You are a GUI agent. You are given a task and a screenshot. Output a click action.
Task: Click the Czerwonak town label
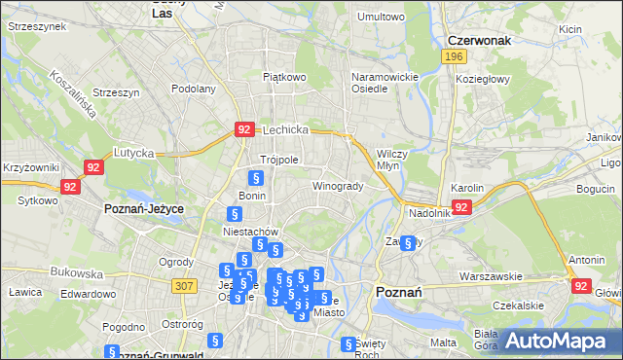click(x=481, y=41)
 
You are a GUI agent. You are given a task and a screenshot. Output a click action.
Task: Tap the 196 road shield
click(x=453, y=58)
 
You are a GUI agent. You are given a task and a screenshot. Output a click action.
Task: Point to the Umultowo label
click(x=381, y=17)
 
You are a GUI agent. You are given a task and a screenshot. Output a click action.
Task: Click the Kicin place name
click(x=570, y=29)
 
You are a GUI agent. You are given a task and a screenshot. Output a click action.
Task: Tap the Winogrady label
click(x=338, y=186)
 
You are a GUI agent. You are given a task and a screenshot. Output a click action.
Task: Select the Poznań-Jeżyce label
click(x=144, y=209)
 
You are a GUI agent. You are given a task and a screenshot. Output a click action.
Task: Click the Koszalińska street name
click(x=74, y=93)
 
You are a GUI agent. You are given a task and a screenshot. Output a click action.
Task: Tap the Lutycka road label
click(x=134, y=153)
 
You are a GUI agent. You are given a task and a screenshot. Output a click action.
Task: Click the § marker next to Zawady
click(x=409, y=243)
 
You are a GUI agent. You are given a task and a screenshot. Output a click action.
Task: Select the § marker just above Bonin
click(x=255, y=178)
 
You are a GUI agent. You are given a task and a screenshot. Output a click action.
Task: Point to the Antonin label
click(x=587, y=261)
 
